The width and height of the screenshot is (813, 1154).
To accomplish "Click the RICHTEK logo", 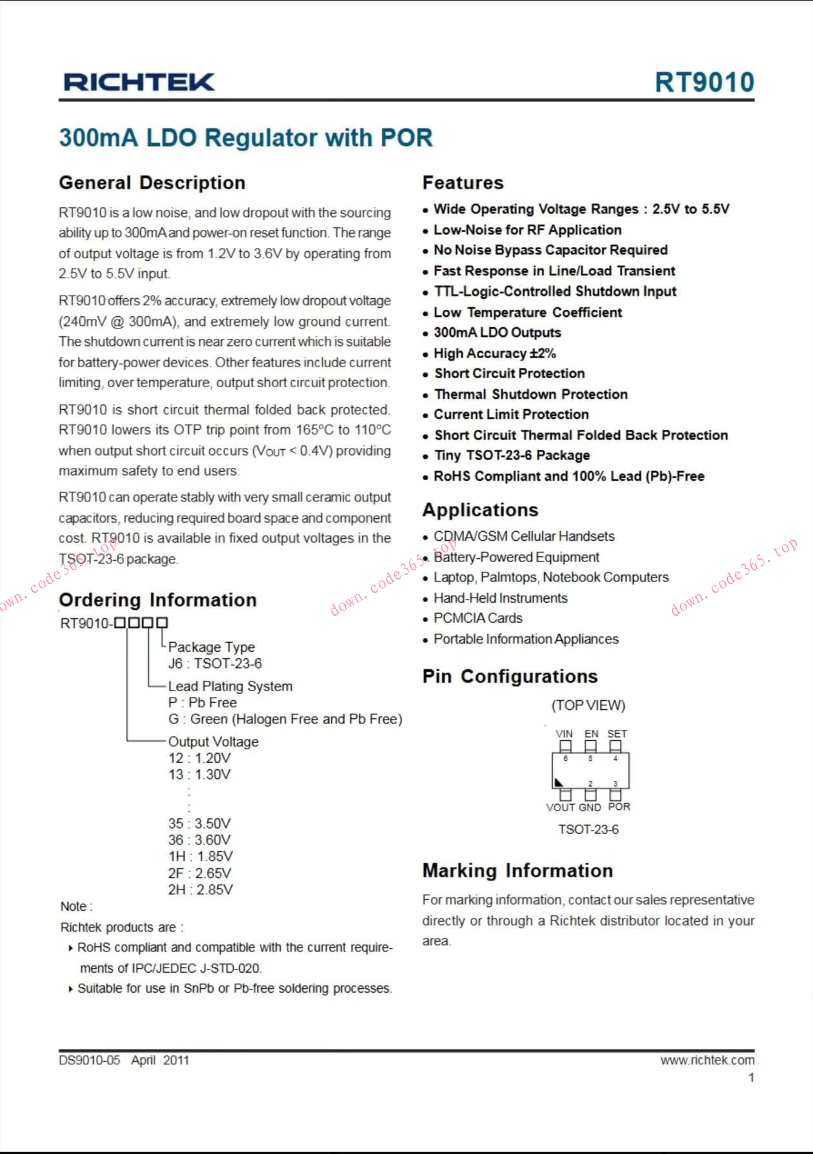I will click(x=139, y=82).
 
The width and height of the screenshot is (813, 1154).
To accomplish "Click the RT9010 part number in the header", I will click(x=704, y=82).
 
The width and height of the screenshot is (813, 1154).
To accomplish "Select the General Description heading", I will click(x=152, y=183).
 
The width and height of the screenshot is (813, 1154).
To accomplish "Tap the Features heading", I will click(x=463, y=183).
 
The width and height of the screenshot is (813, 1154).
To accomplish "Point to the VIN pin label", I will click(x=564, y=734).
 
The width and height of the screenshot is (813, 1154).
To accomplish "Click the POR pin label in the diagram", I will click(x=619, y=807).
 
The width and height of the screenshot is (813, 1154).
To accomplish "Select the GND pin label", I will click(x=590, y=807).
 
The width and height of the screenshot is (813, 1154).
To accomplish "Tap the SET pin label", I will click(x=617, y=734).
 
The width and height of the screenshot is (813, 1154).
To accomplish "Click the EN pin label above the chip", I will click(x=591, y=734).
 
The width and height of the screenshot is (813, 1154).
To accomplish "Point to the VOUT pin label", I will click(x=561, y=807).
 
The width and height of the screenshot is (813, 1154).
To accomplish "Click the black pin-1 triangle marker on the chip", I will click(x=559, y=783).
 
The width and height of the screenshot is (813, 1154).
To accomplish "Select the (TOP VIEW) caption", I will click(x=588, y=705).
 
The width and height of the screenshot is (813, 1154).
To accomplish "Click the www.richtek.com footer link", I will click(x=707, y=1060).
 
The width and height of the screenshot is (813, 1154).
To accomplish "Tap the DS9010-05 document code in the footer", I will click(x=90, y=1060).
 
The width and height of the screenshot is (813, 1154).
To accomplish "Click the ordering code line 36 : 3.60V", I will click(x=199, y=840).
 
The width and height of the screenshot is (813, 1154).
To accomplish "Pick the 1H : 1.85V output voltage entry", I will click(x=200, y=856).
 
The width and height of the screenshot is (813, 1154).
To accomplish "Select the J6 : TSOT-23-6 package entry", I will click(x=215, y=663).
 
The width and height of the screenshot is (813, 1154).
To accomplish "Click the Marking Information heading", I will click(x=517, y=871).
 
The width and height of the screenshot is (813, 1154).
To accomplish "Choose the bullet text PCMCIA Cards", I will click(x=477, y=618).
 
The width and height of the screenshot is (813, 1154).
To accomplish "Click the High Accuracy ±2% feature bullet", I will click(x=494, y=353).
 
